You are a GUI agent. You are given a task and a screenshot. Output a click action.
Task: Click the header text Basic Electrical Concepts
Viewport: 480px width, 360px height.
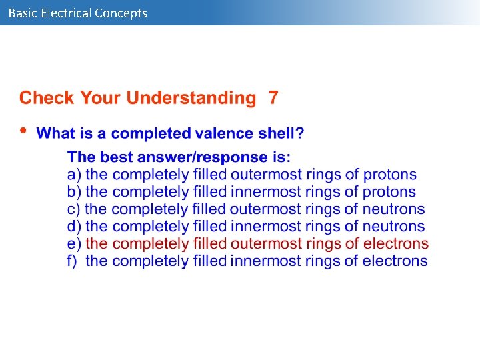click(x=77, y=13)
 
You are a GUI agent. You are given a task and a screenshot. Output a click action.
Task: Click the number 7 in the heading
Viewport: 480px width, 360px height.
click(x=273, y=98)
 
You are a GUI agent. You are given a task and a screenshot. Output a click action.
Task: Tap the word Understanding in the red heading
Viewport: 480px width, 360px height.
click(x=191, y=98)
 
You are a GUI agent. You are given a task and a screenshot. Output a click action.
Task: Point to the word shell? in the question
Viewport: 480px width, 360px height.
click(x=281, y=133)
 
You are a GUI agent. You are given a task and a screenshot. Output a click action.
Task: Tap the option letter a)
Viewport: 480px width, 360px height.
click(x=74, y=175)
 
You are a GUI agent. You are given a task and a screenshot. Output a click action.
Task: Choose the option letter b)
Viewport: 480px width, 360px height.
click(x=74, y=192)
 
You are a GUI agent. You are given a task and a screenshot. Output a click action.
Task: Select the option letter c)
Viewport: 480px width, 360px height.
click(x=74, y=209)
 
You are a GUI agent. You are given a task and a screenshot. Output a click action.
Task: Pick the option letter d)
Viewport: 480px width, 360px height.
click(x=74, y=227)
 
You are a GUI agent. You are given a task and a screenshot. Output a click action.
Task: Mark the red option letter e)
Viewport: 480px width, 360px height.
click(x=74, y=244)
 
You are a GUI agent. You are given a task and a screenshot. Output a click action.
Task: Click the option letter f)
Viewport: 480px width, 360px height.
click(x=73, y=261)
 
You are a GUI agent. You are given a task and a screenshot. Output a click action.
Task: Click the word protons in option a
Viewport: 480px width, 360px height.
click(x=390, y=175)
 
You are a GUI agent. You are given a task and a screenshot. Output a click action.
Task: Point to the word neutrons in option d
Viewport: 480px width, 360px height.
click(x=393, y=227)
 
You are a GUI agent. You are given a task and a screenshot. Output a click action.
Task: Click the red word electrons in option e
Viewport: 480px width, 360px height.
click(x=395, y=244)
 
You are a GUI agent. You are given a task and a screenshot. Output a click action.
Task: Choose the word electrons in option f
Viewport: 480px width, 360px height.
click(x=395, y=261)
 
